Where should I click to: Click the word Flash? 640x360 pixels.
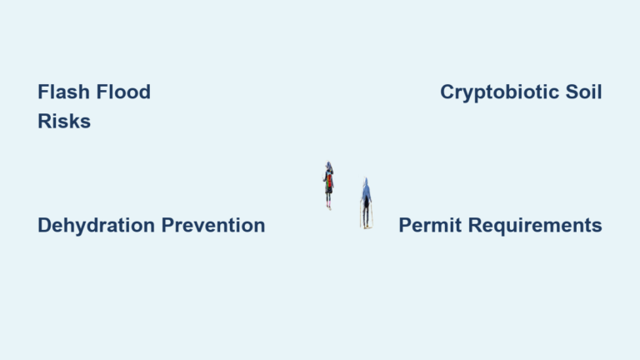click(x=63, y=92)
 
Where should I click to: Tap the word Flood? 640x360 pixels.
click(x=123, y=92)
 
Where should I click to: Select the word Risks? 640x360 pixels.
click(x=64, y=121)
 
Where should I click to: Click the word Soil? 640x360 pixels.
click(x=583, y=92)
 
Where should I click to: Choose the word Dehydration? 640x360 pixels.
click(x=97, y=226)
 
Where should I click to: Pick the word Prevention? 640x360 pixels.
click(x=213, y=225)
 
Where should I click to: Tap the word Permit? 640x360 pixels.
click(x=430, y=225)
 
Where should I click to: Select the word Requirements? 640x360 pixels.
click(x=535, y=226)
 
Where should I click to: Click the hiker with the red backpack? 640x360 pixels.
click(x=328, y=186)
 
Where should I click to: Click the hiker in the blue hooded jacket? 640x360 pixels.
click(x=366, y=202)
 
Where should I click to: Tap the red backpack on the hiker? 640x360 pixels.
click(x=329, y=181)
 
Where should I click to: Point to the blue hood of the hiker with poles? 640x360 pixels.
click(x=366, y=182)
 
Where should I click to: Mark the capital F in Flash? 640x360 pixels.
click(x=43, y=92)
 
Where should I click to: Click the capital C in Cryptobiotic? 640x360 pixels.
click(x=447, y=92)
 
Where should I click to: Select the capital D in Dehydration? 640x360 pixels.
click(x=45, y=225)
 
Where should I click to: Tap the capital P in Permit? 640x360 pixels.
click(x=405, y=225)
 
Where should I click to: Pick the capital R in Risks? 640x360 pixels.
click(x=45, y=121)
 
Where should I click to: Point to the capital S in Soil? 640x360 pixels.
click(x=572, y=92)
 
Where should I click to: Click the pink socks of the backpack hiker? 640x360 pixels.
click(x=328, y=203)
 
